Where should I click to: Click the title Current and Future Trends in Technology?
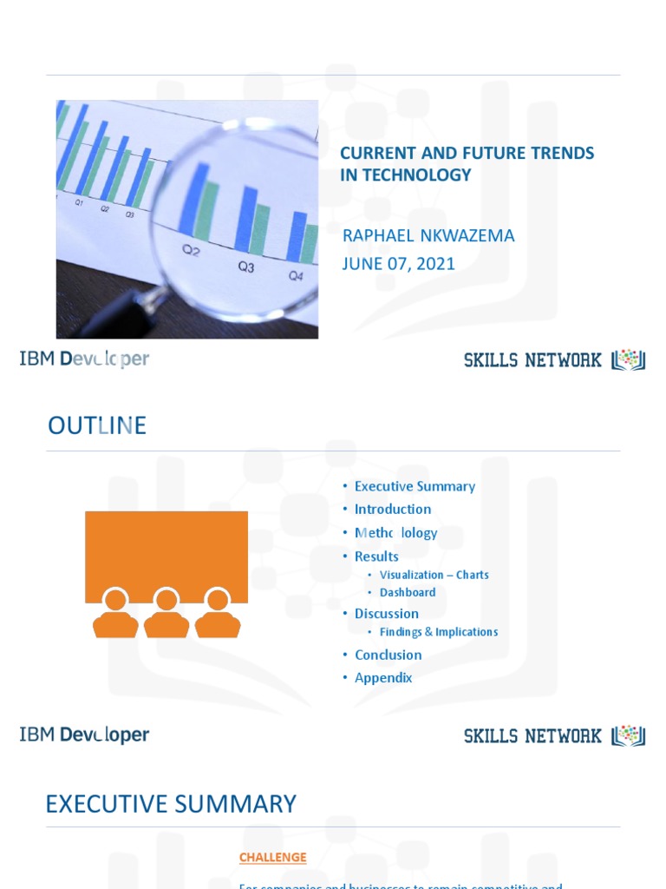click(467, 164)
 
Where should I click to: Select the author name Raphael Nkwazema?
click(428, 236)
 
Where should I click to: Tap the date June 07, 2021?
click(398, 264)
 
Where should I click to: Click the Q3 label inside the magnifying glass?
click(246, 267)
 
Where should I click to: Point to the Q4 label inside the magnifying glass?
click(296, 276)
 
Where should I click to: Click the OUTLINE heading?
click(96, 426)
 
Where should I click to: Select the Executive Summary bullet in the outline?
click(415, 486)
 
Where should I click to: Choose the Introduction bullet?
click(392, 509)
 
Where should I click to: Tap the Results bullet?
click(376, 556)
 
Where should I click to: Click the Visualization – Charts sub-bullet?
click(434, 575)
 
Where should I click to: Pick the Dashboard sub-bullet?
click(408, 593)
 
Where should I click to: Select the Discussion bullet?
click(386, 614)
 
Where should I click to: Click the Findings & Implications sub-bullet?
click(438, 632)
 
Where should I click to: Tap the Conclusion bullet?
click(388, 655)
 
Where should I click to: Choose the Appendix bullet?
click(382, 678)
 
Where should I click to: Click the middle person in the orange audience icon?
click(166, 614)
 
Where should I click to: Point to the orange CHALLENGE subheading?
click(272, 858)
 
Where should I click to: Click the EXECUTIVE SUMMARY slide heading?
click(171, 804)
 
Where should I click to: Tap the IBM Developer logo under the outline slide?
click(84, 734)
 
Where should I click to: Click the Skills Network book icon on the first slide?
click(629, 360)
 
